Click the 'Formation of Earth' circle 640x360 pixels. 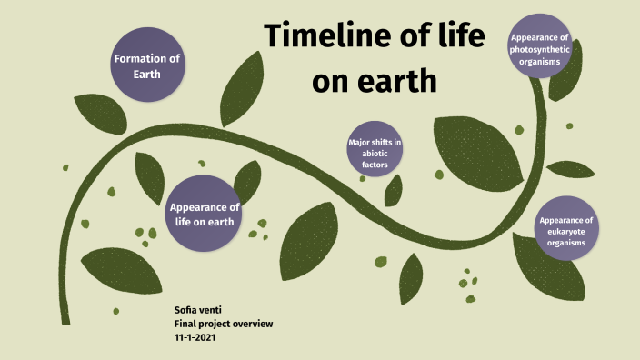click(x=147, y=65)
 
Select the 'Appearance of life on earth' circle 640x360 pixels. click(x=205, y=214)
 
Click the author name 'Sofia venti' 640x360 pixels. click(x=199, y=310)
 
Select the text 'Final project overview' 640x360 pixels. click(x=223, y=323)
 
